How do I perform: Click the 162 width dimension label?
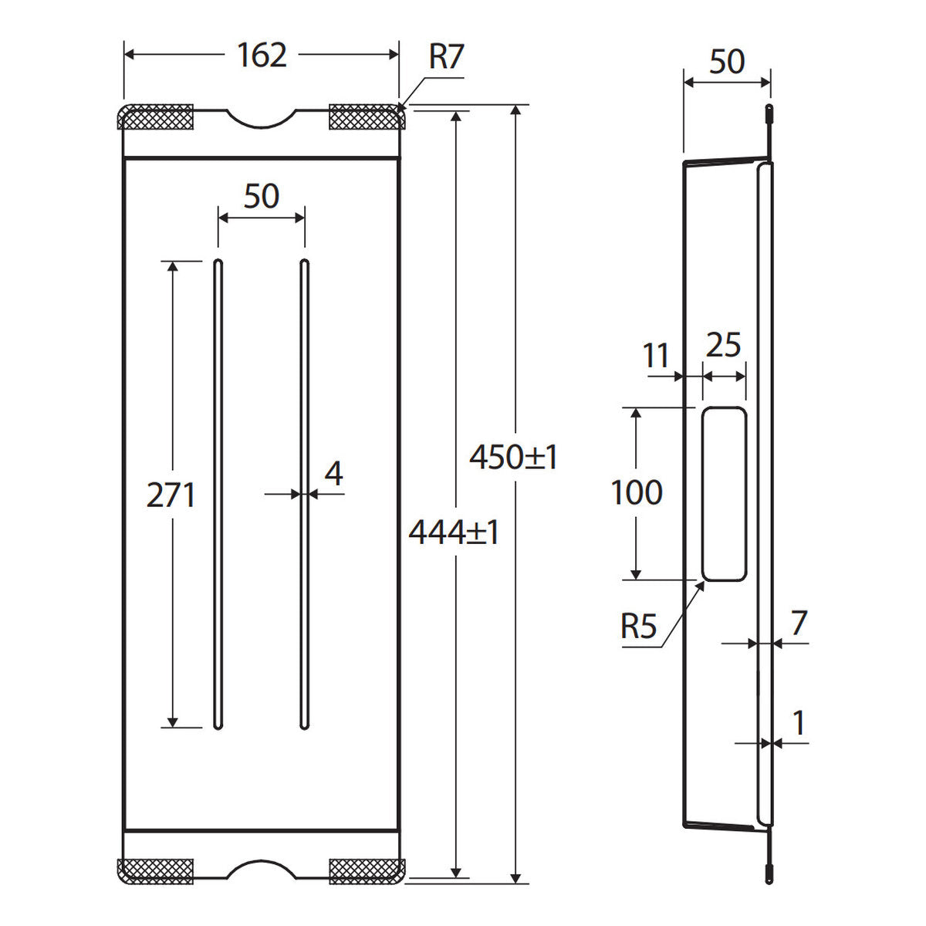pos(262,56)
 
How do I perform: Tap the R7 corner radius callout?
pos(446,56)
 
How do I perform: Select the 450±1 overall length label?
pos(513,457)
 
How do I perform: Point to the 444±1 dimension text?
pos(454,533)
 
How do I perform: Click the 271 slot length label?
pos(171,495)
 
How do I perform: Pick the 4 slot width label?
pos(333,473)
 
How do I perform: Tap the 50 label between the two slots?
pos(262,195)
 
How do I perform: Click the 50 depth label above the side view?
pos(727,62)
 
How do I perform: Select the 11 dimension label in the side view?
pos(656,356)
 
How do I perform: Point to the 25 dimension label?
pos(723,345)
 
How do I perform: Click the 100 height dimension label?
pos(637,492)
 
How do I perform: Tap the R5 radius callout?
pos(639,627)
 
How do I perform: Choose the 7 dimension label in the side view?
pos(799,623)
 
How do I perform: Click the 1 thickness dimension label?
pos(798,723)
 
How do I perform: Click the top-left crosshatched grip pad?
pos(156,117)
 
